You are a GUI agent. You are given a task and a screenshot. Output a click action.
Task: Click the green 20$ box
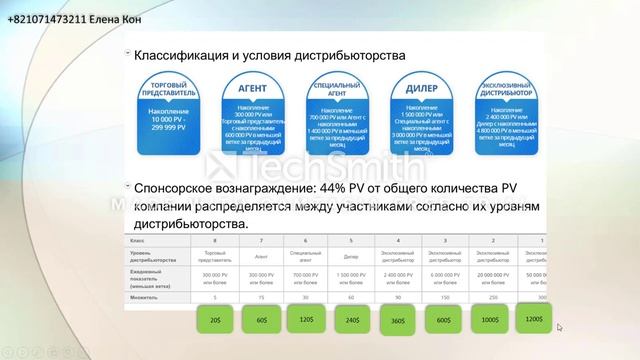(217, 320)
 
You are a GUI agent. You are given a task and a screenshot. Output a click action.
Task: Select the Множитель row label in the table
(146, 297)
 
